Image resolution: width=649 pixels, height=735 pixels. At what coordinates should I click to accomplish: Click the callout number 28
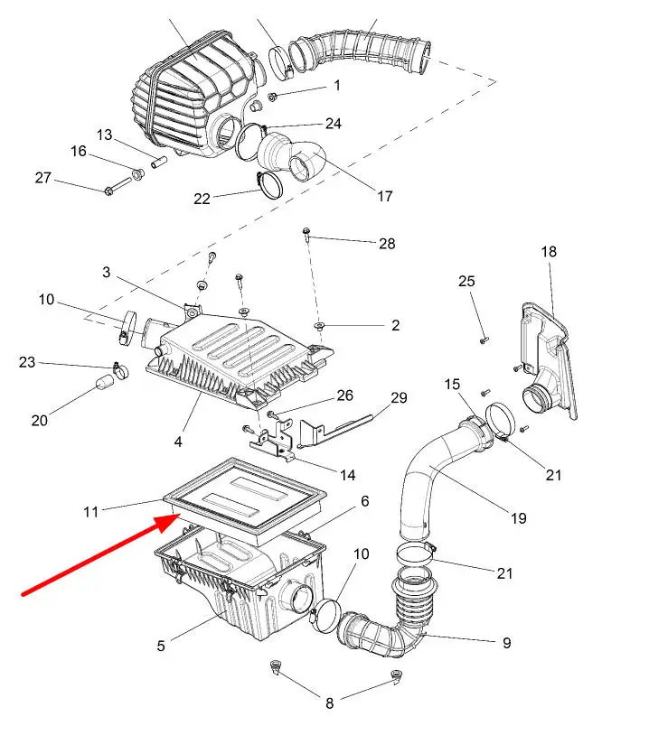pos(387,243)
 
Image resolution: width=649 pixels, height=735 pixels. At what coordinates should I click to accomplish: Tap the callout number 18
pos(549,252)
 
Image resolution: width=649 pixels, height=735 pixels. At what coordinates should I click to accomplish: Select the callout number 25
pos(466,281)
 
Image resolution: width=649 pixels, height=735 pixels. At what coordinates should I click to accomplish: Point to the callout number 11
pos(91,512)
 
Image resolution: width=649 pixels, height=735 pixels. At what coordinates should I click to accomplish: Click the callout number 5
pos(161,646)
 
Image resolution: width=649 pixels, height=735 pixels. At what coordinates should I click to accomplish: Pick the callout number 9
pos(507,643)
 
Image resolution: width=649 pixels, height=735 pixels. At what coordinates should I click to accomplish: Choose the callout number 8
pos(330,703)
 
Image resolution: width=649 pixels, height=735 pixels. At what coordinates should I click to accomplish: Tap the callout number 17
pos(385,197)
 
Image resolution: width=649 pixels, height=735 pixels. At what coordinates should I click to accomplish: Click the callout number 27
pos(43,178)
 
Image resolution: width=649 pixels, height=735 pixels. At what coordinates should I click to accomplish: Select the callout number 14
pos(348,475)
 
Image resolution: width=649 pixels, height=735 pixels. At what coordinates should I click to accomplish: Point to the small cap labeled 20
pos(104,382)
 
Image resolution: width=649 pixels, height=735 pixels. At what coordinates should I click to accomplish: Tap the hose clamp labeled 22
pos(269,186)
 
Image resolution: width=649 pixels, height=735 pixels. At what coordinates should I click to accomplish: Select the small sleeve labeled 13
pos(159,163)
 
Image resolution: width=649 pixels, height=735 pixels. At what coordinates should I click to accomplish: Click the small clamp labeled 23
pos(120,371)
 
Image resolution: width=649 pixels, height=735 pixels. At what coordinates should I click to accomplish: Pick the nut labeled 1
pos(272,97)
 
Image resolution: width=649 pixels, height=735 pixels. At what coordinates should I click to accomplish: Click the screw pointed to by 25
pos(484,340)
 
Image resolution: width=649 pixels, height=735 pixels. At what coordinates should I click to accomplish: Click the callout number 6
pos(365,501)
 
